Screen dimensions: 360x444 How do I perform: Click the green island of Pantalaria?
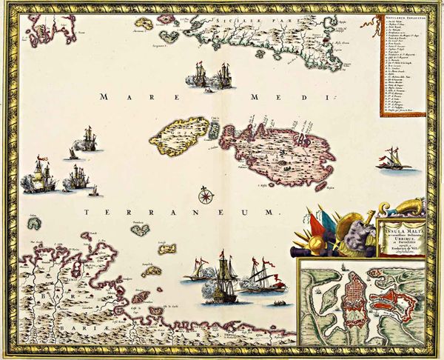[x=138, y=229]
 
